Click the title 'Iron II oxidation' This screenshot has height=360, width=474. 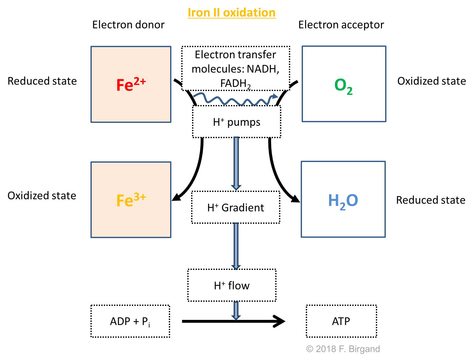click(232, 13)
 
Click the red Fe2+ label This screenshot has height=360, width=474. click(131, 84)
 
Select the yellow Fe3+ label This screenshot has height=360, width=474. click(131, 200)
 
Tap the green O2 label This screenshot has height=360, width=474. click(343, 86)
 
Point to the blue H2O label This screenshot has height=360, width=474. click(343, 201)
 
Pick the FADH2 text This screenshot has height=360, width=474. click(235, 83)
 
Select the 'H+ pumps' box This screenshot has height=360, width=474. click(236, 122)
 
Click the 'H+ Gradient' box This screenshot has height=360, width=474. click(236, 208)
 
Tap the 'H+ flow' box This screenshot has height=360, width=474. click(232, 286)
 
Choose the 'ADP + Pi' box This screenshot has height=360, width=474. click(130, 321)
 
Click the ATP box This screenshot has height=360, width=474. click(341, 321)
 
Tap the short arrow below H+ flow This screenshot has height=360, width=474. click(236, 310)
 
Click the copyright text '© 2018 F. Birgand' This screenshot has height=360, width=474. click(343, 349)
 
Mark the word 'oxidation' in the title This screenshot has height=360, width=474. click(249, 13)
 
